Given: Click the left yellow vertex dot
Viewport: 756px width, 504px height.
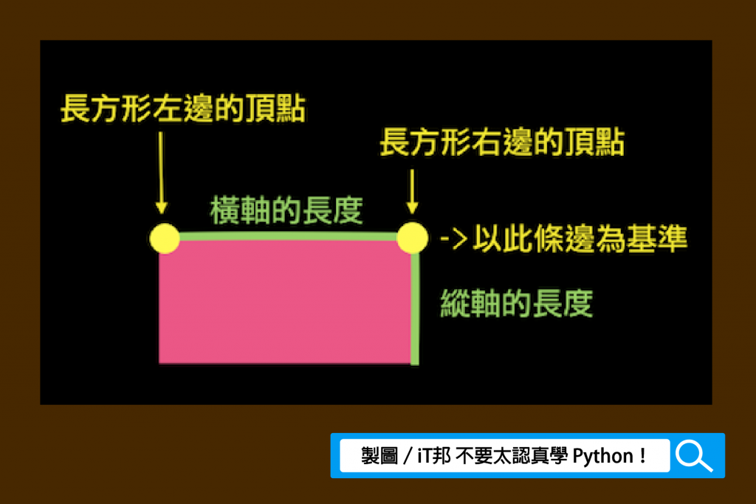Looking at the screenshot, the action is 165,238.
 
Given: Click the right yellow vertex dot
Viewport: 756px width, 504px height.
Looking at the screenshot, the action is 412,237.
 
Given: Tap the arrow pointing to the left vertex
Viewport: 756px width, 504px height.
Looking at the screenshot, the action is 161,172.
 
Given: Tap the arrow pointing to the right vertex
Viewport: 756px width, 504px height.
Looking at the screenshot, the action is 412,191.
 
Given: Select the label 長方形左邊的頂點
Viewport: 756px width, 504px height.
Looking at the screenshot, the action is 183,108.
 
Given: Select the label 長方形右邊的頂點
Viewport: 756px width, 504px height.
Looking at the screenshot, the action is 502,142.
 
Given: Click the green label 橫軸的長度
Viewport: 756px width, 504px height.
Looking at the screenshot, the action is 286,210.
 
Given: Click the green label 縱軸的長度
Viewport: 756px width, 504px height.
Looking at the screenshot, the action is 516,303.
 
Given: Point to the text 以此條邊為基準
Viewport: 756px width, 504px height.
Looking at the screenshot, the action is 580,239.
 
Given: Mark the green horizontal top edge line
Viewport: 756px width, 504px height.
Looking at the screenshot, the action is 289,236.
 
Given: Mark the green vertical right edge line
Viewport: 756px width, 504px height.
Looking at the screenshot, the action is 415,309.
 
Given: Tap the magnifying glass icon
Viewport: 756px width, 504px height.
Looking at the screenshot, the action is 694,456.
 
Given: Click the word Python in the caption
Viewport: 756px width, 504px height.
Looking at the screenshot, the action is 602,456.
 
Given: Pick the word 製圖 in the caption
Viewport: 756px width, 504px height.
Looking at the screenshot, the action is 379,456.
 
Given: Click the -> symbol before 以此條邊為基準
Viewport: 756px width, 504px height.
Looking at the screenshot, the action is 454,239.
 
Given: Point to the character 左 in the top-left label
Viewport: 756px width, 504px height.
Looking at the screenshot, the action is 168,108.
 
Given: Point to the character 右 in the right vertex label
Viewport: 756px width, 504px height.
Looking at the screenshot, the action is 487,142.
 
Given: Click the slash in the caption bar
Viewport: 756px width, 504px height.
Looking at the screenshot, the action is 408,456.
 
